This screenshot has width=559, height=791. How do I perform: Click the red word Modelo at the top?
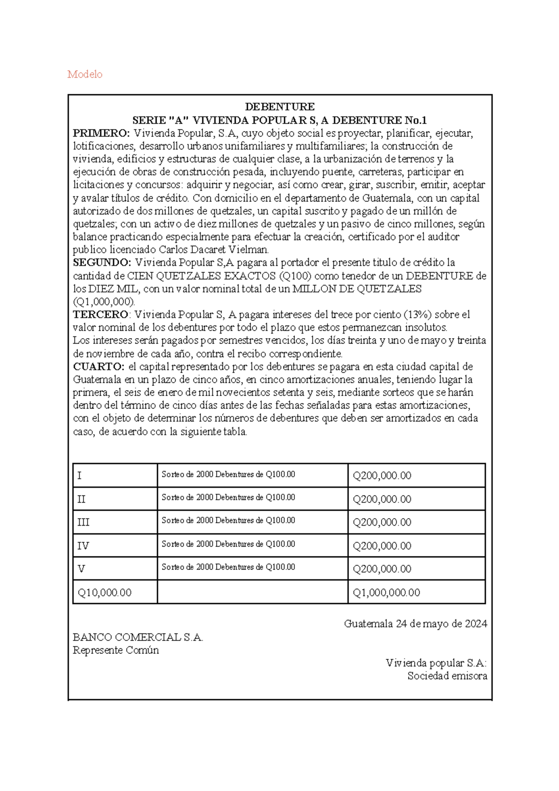pos(85,74)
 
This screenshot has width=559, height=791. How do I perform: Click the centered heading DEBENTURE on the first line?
pos(280,106)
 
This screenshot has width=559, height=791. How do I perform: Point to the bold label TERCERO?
pos(100,314)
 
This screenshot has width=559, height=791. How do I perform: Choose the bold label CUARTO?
pos(98,367)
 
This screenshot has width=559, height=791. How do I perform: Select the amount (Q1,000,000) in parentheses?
pos(104,301)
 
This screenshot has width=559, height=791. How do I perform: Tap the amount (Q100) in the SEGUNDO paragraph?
pos(298,276)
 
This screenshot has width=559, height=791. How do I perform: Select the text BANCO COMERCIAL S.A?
pos(138,637)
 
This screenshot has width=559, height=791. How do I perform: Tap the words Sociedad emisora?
pos(447,676)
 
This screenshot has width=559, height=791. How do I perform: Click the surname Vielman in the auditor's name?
pos(252,250)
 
